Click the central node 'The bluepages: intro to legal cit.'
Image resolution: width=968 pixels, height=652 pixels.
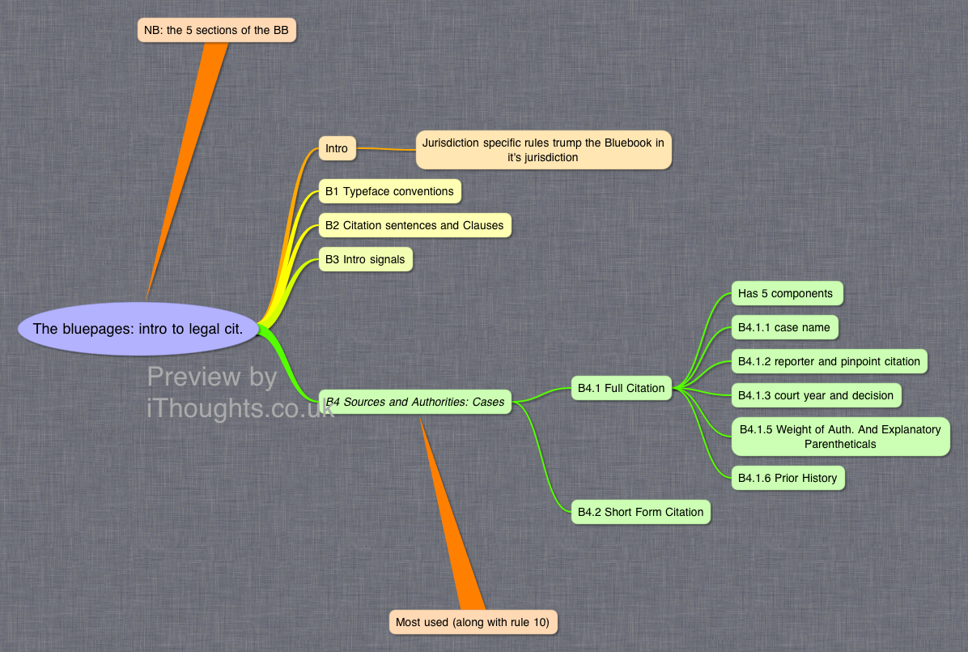[138, 329]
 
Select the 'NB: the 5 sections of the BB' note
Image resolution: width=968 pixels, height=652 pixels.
[217, 30]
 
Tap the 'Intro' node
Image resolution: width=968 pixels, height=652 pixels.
[337, 148]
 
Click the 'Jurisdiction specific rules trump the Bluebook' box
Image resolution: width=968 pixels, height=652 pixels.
[543, 150]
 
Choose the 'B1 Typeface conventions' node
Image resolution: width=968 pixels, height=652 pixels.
[389, 192]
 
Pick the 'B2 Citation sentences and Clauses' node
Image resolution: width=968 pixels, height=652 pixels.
[415, 226]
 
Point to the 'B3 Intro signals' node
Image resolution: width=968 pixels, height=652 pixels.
[366, 259]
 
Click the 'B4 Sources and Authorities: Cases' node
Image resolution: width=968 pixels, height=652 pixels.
[415, 402]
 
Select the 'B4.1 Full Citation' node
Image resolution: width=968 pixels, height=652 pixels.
[621, 388]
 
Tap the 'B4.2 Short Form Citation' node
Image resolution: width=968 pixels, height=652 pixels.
[641, 512]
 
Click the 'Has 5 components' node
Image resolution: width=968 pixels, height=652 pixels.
[788, 293]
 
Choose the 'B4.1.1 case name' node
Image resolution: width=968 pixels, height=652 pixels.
[784, 327]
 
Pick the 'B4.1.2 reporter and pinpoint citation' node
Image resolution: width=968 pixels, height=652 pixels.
[829, 361]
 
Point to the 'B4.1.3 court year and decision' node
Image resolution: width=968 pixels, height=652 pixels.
[816, 395]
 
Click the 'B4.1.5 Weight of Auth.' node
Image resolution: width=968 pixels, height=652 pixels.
[840, 437]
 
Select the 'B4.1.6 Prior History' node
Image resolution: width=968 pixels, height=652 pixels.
[788, 478]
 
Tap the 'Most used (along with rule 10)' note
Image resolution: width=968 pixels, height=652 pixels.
[473, 622]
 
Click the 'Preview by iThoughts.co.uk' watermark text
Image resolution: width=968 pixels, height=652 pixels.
[240, 393]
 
